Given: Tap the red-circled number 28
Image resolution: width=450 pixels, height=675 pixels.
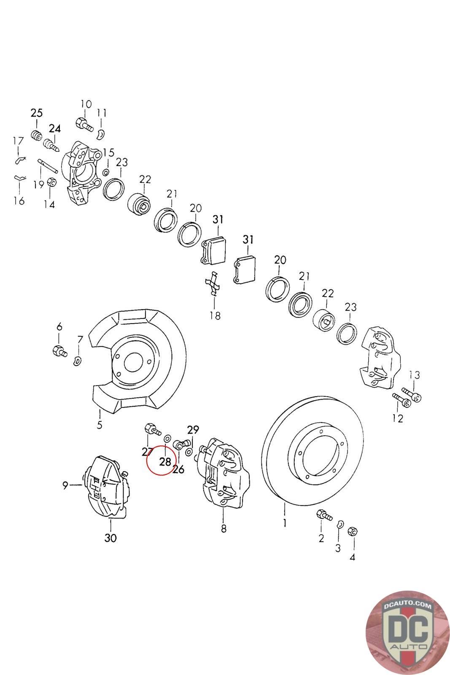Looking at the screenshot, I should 165,462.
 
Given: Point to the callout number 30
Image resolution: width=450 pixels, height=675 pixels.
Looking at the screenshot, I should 111,538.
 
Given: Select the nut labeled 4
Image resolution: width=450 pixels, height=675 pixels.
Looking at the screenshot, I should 353,532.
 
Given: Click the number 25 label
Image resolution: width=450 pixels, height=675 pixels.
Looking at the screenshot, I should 36,113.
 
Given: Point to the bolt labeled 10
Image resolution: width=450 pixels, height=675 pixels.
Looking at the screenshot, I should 84,124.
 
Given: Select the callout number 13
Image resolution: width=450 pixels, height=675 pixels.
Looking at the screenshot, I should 415,375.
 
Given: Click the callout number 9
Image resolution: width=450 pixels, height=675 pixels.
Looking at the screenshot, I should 65,486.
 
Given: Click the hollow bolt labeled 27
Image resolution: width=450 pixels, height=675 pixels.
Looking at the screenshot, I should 152,430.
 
